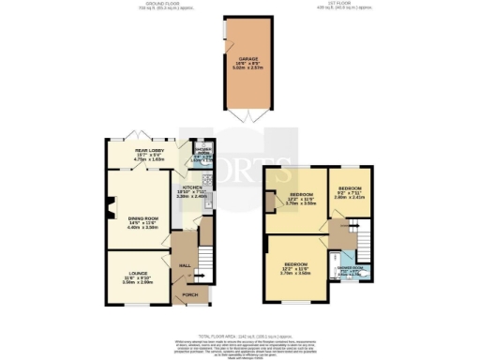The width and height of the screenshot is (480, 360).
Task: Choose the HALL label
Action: pyautogui.click(x=185, y=265)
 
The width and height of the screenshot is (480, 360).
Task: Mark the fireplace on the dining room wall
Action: pyautogui.click(x=109, y=207)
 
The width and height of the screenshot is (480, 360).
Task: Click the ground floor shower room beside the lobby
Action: pyautogui.click(x=202, y=153)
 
